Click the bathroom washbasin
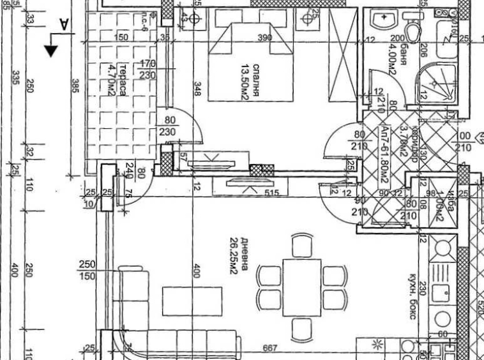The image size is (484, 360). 384,20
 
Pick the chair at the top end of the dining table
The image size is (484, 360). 301,245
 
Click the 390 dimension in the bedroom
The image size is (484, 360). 264,38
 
